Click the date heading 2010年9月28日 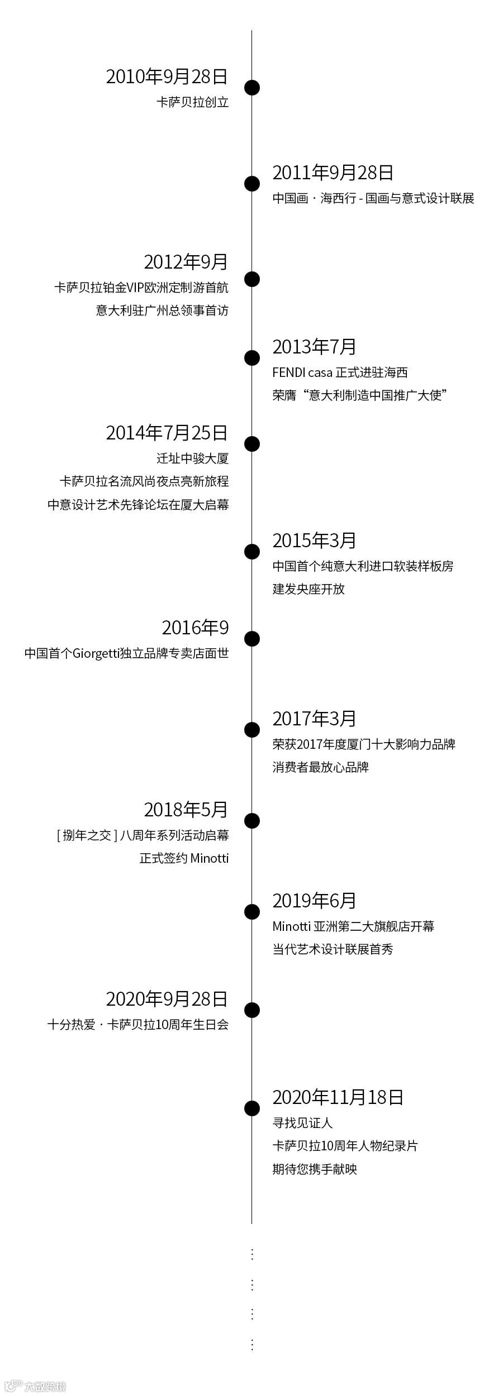pyautogui.click(x=167, y=77)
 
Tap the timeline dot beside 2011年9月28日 pyautogui.click(x=252, y=183)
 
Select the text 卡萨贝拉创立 pyautogui.click(x=193, y=102)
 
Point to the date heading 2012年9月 pyautogui.click(x=186, y=262)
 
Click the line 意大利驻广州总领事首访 pyautogui.click(x=162, y=310)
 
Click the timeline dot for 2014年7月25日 pyautogui.click(x=252, y=444)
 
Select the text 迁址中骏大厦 pyautogui.click(x=193, y=458)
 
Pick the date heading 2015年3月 pyautogui.click(x=314, y=541)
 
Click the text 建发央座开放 pyautogui.click(x=309, y=589)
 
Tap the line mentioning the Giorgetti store pyautogui.click(x=127, y=653)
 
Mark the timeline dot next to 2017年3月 pyautogui.click(x=252, y=730)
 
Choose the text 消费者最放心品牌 pyautogui.click(x=320, y=767)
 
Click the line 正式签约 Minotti pyautogui.click(x=184, y=858)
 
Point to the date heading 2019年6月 pyautogui.click(x=314, y=901)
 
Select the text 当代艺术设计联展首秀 pyautogui.click(x=333, y=949)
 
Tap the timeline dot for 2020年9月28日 pyautogui.click(x=252, y=1010)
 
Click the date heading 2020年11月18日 pyautogui.click(x=338, y=1097)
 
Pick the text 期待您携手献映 pyautogui.click(x=315, y=1169)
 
